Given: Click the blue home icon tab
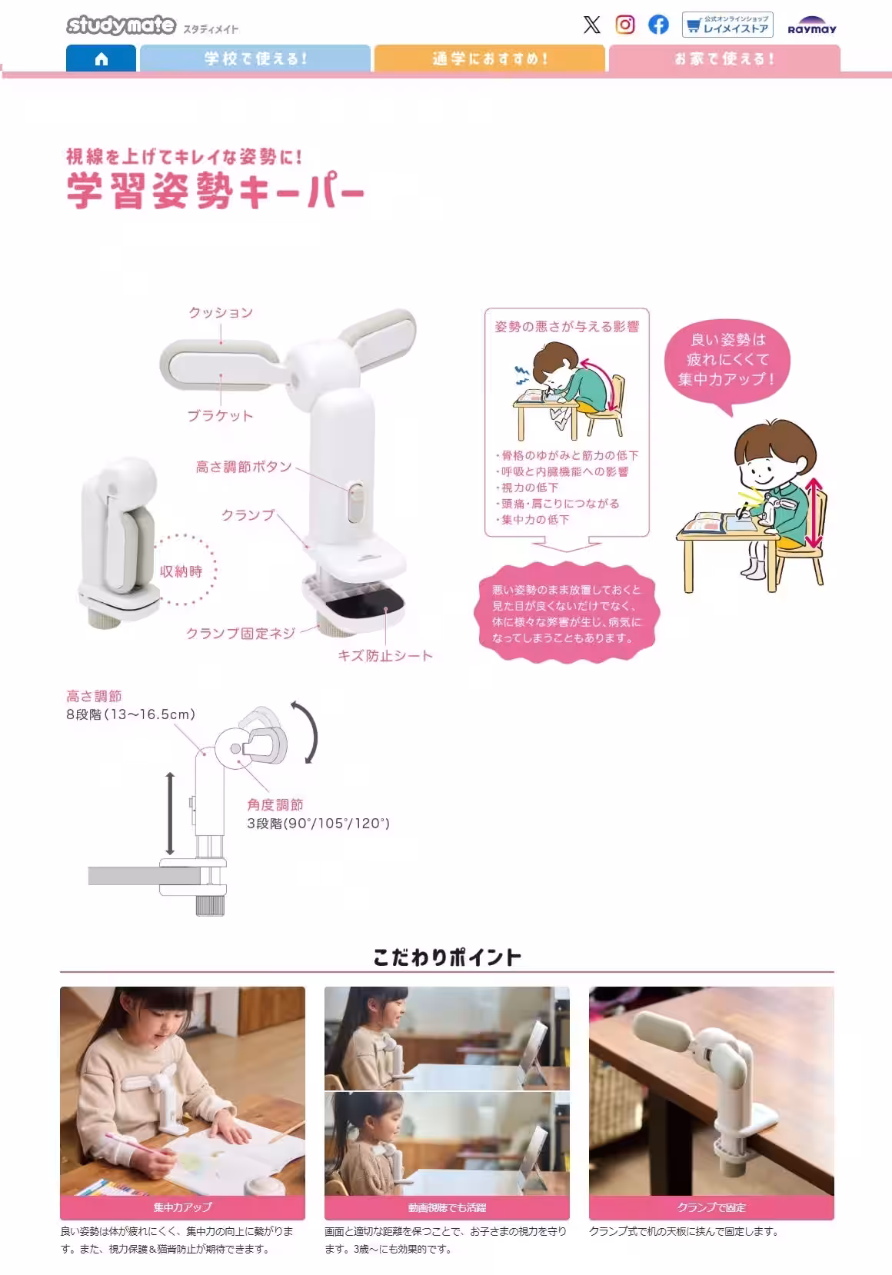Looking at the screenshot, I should point(101,59).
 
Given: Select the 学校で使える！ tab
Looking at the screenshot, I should point(255,58).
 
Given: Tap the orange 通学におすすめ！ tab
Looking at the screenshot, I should point(489,58).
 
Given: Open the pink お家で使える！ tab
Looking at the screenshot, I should point(724,58).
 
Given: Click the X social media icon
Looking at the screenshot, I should point(591,25).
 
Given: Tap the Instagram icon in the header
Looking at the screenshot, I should point(625,25).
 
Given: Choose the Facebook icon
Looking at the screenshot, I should point(658,25).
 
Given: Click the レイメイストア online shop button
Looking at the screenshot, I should point(727,25).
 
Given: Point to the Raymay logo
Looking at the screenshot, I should point(811,26).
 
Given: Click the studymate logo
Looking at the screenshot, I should point(121,25).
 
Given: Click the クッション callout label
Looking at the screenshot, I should point(221,312).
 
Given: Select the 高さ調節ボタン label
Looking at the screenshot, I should point(244,467).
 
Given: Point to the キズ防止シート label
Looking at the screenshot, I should point(385,656).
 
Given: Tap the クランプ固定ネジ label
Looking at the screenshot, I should point(241,634).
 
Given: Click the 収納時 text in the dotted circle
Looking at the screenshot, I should point(181,571).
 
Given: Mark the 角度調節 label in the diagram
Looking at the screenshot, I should point(275,804).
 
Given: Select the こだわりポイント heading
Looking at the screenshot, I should point(447,957).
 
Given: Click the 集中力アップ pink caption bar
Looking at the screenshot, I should point(182,1207).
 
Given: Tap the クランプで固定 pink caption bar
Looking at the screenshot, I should point(711,1207).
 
